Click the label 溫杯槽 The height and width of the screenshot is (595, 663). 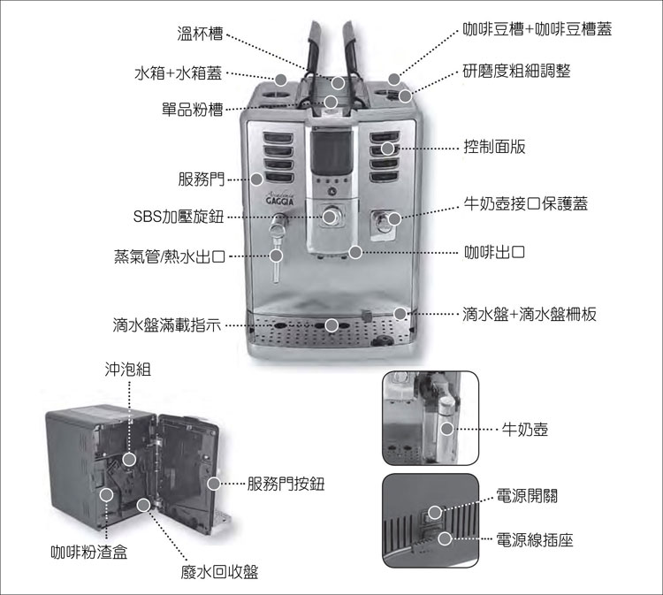tap(200, 34)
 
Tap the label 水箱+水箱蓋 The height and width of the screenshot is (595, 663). tap(178, 73)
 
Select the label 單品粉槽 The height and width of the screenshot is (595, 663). tap(193, 109)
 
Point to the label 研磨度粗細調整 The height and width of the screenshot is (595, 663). tap(517, 71)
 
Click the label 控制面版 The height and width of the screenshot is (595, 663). tap(494, 147)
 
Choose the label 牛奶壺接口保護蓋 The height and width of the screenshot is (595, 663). tap(526, 204)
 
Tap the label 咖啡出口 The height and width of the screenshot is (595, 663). tap(494, 252)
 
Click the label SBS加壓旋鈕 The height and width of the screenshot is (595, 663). tap(179, 217)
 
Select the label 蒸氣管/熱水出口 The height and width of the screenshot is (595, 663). tap(169, 256)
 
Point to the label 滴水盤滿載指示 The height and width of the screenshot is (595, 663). tap(166, 324)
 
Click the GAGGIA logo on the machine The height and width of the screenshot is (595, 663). tap(279, 200)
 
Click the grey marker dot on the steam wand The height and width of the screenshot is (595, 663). tap(276, 256)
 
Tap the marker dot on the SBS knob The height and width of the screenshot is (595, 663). tap(330, 217)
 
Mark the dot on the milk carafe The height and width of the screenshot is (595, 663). tap(447, 429)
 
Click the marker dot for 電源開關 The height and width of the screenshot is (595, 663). tap(435, 512)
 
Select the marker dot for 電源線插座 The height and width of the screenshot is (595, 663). tap(445, 538)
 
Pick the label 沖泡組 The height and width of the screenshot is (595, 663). tap(127, 370)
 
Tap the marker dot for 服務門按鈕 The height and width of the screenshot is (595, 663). tap(214, 484)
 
